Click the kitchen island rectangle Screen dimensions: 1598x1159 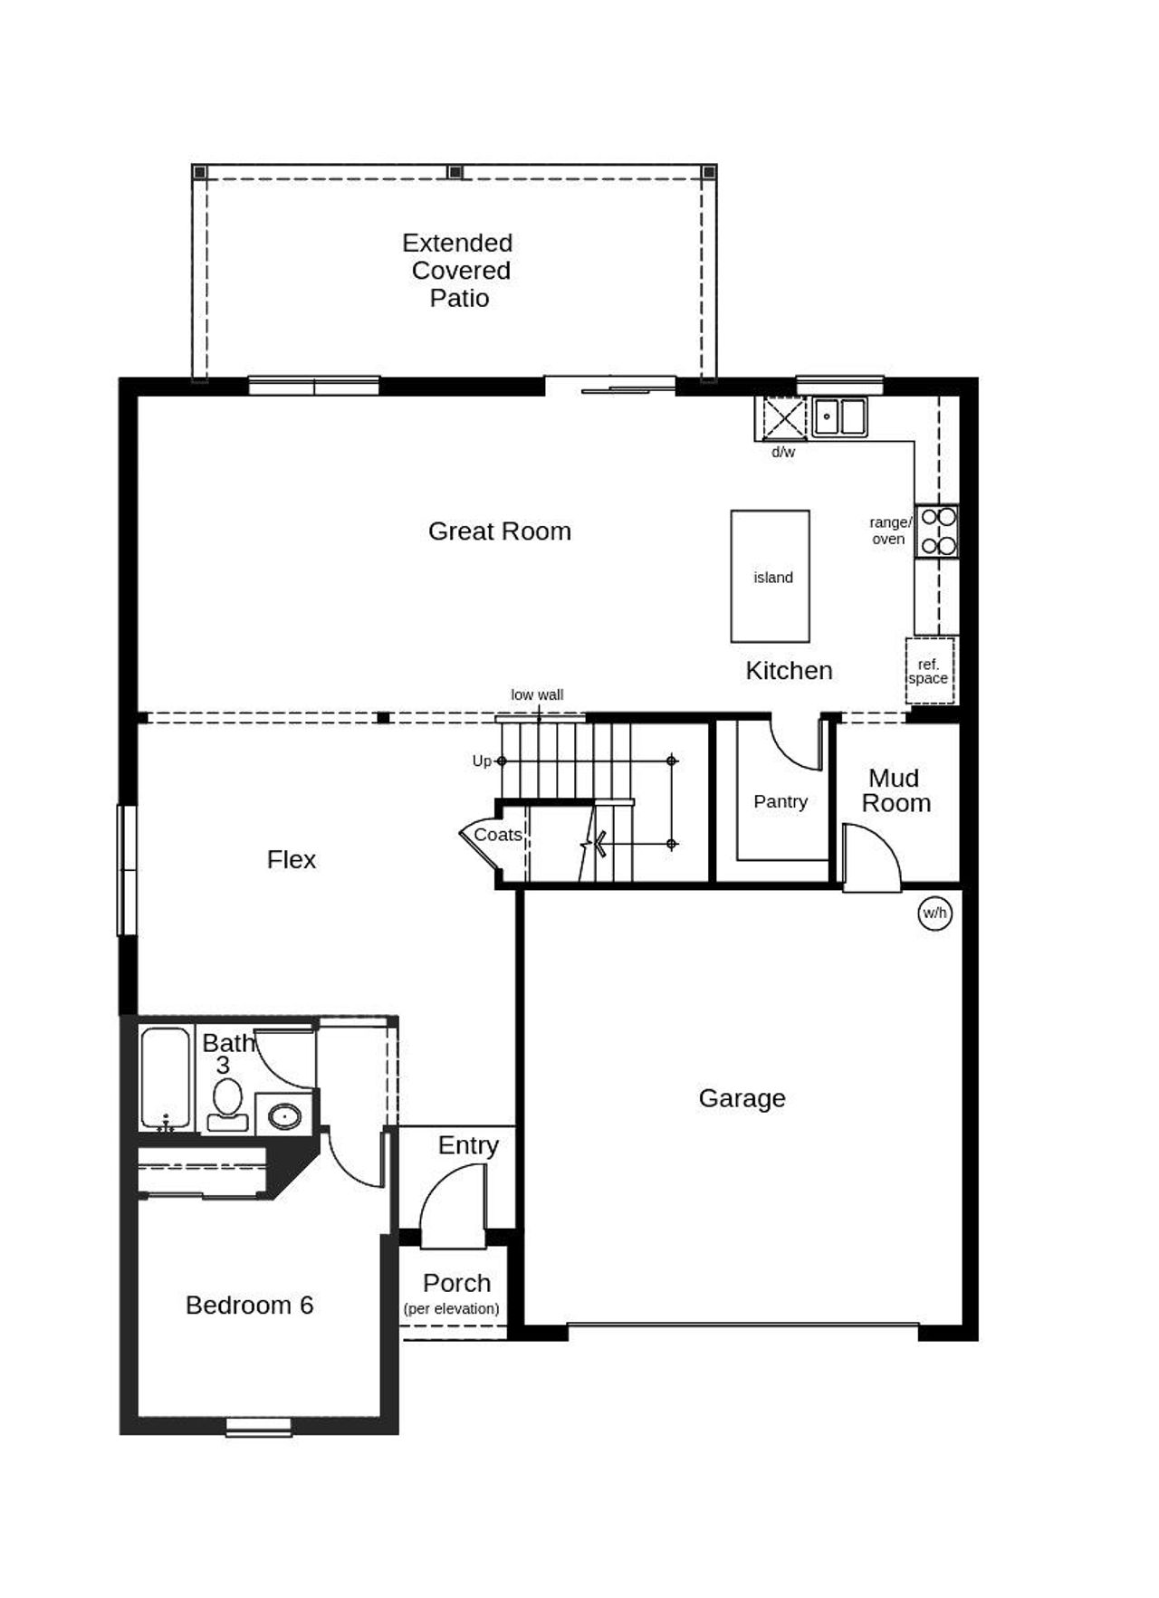click(x=770, y=576)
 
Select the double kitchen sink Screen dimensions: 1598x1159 click(x=838, y=417)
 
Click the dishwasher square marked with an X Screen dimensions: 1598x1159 click(x=783, y=418)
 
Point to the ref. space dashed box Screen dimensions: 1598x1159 click(x=929, y=671)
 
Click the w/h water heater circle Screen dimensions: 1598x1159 click(x=934, y=913)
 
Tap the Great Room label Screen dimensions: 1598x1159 click(x=499, y=531)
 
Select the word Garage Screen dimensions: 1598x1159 click(x=742, y=1098)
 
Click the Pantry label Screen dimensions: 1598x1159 click(x=780, y=801)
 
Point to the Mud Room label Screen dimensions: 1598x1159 click(x=895, y=790)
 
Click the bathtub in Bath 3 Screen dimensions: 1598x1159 click(x=165, y=1077)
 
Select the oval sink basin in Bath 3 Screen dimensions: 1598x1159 click(x=285, y=1115)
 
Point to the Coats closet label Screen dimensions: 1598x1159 click(x=498, y=835)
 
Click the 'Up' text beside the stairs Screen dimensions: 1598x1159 click(x=482, y=761)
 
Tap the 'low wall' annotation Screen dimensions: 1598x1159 click(x=537, y=695)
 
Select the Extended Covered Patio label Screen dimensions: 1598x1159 click(x=459, y=270)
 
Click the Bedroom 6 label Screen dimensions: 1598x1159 click(x=249, y=1305)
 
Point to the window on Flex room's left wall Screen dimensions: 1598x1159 click(x=127, y=869)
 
